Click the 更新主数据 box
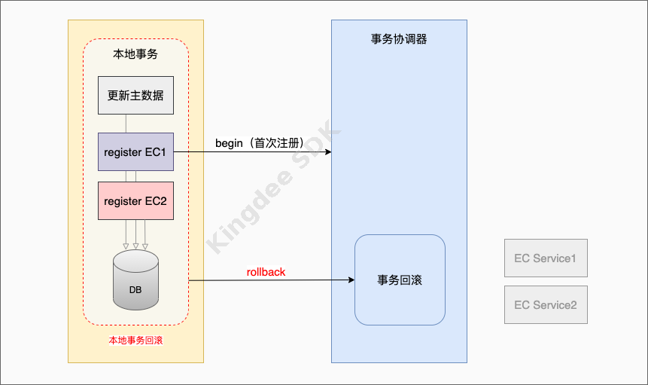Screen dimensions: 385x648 click(135, 96)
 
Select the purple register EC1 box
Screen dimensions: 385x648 click(135, 152)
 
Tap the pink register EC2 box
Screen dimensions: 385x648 click(135, 201)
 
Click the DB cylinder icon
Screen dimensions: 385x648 click(135, 280)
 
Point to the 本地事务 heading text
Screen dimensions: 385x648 click(135, 55)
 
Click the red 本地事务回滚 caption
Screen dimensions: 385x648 click(135, 341)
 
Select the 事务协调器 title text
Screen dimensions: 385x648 click(399, 39)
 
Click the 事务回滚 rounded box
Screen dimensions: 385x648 click(400, 280)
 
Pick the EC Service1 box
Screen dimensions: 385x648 click(546, 258)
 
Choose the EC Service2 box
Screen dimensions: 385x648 click(546, 305)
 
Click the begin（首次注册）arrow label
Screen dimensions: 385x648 click(260, 143)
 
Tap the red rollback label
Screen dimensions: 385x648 click(266, 272)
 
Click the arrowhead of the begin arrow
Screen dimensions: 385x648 click(328, 152)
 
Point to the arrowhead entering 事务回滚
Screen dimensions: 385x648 click(351, 280)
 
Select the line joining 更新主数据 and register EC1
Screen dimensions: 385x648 click(126, 124)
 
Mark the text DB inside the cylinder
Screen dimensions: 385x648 click(135, 290)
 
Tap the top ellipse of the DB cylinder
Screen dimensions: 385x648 click(135, 261)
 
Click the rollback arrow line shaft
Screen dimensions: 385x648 click(271, 280)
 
